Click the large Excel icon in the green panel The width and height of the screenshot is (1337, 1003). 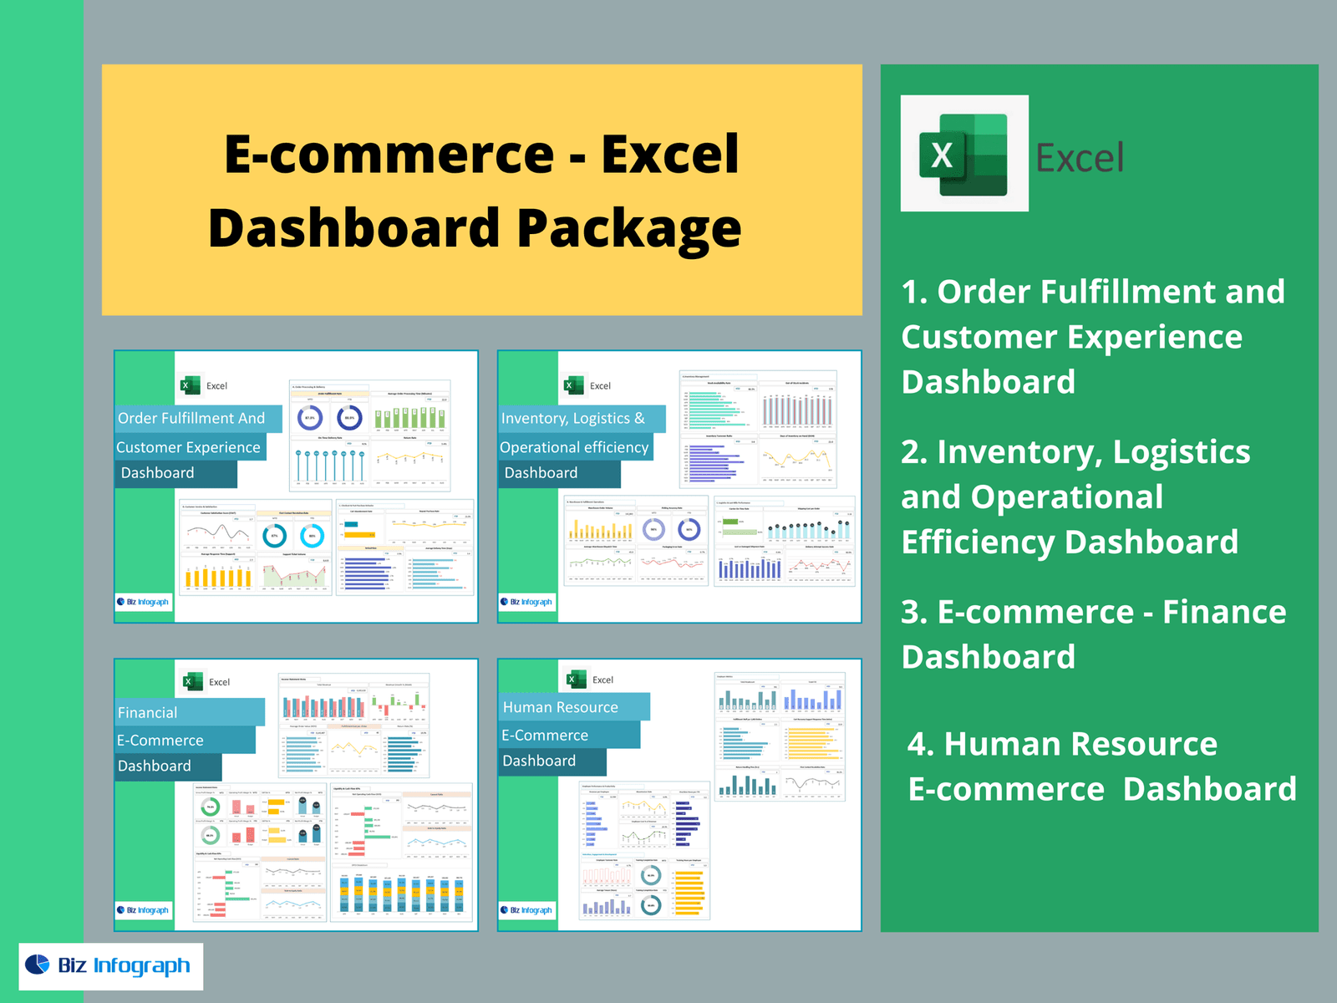[x=963, y=154]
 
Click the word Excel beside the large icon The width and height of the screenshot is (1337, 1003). [x=1080, y=158]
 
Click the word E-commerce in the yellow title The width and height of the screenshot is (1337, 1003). [x=389, y=154]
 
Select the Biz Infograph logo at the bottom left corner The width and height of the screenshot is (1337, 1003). [x=110, y=966]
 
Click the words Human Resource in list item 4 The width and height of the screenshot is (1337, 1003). [x=1080, y=744]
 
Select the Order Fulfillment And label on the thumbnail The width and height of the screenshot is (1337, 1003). [x=192, y=418]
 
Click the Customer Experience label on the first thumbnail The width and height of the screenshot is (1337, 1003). [x=189, y=447]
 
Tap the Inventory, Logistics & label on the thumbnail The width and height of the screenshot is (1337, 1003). [x=574, y=418]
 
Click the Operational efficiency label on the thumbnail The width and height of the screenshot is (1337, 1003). [x=574, y=447]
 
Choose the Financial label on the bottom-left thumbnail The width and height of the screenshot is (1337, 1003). [x=148, y=713]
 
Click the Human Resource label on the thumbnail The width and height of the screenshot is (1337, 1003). [x=561, y=707]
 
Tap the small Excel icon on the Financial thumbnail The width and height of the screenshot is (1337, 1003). [x=193, y=682]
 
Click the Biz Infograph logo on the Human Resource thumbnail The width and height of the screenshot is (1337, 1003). [x=527, y=910]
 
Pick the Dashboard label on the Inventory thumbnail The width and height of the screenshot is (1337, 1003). [x=541, y=473]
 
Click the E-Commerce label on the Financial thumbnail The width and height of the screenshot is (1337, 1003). [x=160, y=741]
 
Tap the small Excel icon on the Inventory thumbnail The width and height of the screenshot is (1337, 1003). [x=574, y=385]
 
